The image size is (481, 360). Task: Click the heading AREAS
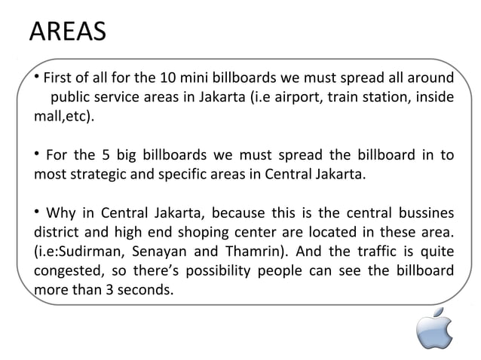pyautogui.click(x=67, y=32)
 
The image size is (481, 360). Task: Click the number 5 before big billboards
pyautogui.click(x=98, y=157)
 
